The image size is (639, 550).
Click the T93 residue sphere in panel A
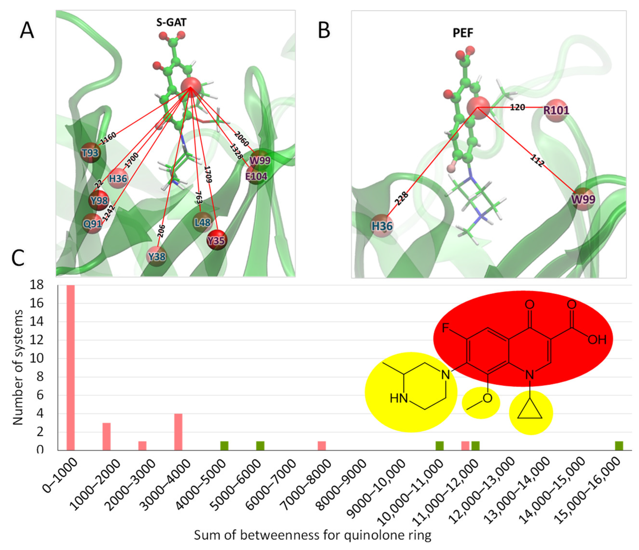[x=90, y=153]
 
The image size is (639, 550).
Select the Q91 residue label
[x=92, y=223]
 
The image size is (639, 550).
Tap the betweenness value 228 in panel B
[x=402, y=198]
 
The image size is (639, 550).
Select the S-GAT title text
[x=171, y=22]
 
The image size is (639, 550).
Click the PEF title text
[x=463, y=33]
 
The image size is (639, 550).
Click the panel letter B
[x=324, y=31]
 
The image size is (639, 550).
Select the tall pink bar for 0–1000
[x=71, y=367]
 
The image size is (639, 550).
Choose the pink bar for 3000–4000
[x=178, y=432]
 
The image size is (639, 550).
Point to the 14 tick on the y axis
[x=36, y=321]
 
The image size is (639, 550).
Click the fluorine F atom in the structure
[x=445, y=328]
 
